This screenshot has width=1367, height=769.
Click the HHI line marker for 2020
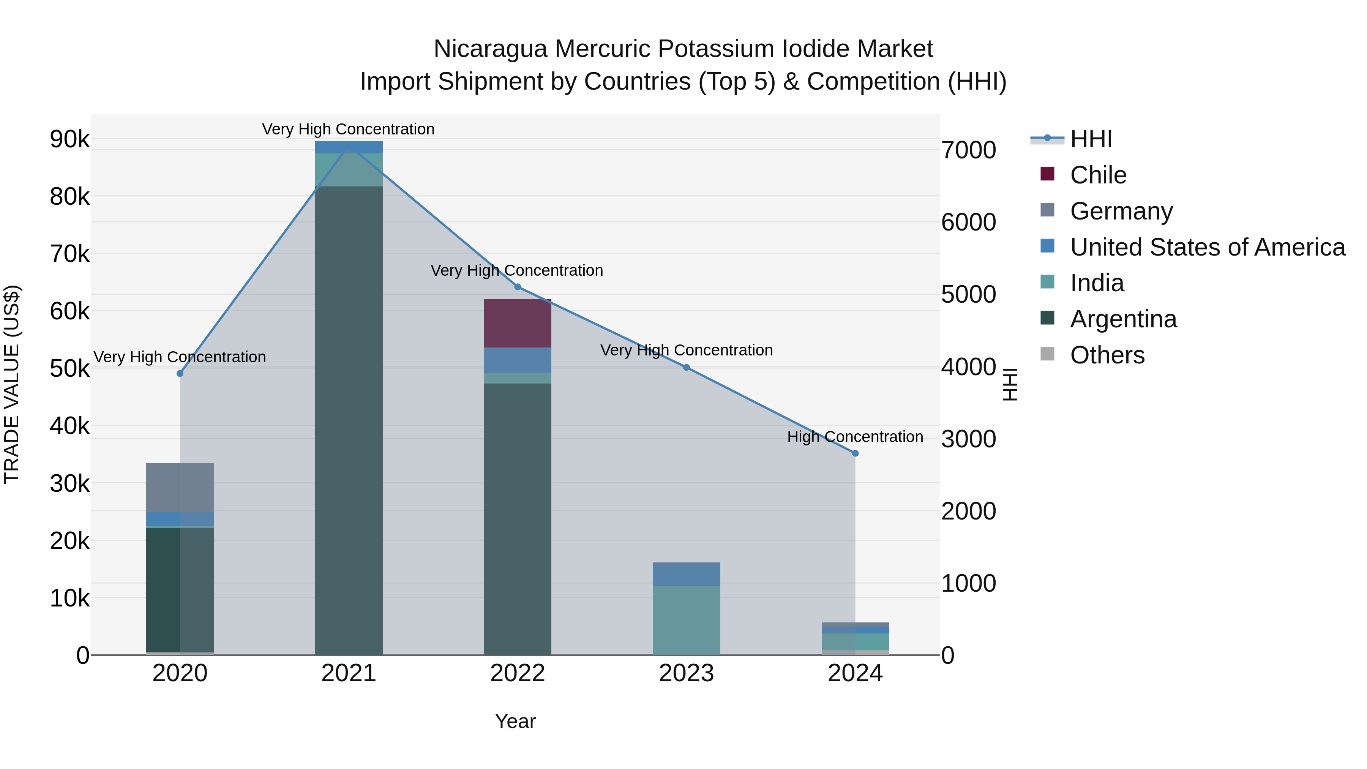point(180,374)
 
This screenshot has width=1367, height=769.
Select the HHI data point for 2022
point(518,287)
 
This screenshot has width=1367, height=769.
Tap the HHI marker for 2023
point(686,367)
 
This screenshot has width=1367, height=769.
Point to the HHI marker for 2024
point(855,453)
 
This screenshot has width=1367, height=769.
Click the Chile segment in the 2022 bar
point(518,323)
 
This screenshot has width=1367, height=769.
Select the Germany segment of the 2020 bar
point(180,487)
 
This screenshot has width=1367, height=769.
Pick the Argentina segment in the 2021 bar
point(349,420)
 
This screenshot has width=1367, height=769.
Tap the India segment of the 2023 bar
point(686,620)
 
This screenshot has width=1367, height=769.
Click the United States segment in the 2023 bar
point(686,574)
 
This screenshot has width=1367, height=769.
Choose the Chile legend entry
point(1098,175)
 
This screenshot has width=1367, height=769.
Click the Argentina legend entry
point(1123,319)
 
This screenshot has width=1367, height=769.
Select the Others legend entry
point(1107,355)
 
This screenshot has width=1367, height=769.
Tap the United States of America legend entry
point(1207,247)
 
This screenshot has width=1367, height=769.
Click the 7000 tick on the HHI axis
point(968,150)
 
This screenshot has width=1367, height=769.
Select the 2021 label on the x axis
point(349,673)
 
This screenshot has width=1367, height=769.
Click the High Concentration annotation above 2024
point(855,437)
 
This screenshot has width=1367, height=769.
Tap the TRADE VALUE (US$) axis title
point(12,384)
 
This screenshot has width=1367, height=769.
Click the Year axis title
point(515,721)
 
